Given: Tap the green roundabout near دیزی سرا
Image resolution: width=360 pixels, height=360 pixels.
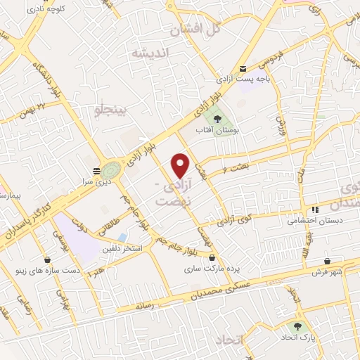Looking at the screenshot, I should point(110,169).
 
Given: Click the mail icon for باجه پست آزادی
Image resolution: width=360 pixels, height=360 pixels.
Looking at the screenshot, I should point(243,68).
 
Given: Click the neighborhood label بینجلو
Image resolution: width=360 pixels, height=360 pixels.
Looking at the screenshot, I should point(112,110).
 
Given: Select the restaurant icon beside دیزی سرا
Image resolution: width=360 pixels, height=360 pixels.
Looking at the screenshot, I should point(96,170).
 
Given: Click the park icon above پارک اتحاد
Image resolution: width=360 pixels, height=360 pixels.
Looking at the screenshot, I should point(298,326).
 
